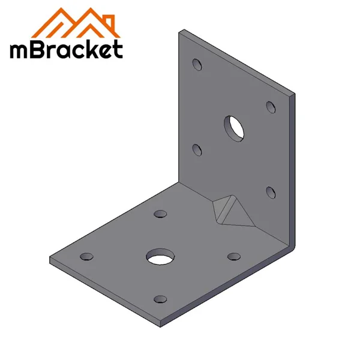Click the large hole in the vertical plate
point(235,127)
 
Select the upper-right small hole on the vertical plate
point(271,106)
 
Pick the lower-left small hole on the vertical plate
point(196,148)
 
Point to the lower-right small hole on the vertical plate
point(270,192)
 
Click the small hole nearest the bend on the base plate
point(160,214)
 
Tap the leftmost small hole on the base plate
point(88,256)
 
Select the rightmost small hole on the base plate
point(233,256)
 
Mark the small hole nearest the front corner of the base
point(160,299)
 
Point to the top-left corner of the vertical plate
point(181,31)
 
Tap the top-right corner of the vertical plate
point(294,95)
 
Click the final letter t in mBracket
point(118,50)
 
